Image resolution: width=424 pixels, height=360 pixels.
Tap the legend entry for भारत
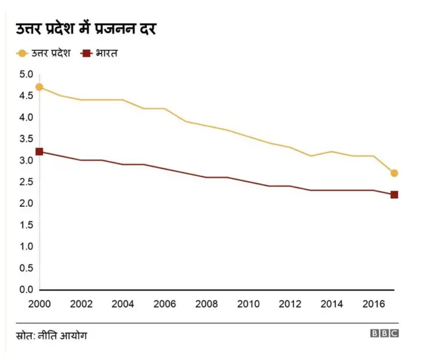(x=100, y=52)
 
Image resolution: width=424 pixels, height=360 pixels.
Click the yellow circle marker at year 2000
(x=40, y=87)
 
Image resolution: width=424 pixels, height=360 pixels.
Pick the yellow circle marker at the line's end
(x=394, y=173)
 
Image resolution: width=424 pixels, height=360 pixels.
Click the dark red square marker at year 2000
(x=40, y=152)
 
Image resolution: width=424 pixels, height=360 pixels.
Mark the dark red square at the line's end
(x=394, y=195)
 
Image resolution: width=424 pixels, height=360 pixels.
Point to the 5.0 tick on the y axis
(x=25, y=74)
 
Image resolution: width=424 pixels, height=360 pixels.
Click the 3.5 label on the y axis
(x=25, y=139)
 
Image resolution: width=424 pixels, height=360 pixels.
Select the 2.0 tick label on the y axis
(x=25, y=204)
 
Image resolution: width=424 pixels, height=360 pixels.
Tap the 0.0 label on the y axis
(x=25, y=290)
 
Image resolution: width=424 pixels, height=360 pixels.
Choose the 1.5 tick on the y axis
(x=25, y=225)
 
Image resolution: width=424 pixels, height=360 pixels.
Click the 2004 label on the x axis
(x=123, y=304)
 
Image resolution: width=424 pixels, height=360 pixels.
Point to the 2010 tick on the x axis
(x=248, y=304)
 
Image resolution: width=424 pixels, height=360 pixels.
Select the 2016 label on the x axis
(x=373, y=304)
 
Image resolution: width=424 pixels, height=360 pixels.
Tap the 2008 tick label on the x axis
(x=207, y=304)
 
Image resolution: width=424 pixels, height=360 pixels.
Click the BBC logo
(x=384, y=334)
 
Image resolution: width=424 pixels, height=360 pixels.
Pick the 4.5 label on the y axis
(x=25, y=95)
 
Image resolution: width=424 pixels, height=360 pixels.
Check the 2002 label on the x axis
(x=81, y=304)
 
